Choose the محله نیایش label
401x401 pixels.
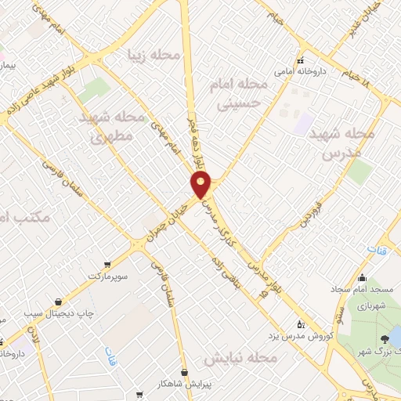tap(240, 358)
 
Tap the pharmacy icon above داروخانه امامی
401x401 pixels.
tap(299, 60)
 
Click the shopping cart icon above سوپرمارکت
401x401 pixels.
tap(107, 265)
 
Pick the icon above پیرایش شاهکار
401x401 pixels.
tap(183, 373)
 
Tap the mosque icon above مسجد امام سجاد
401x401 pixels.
tap(361, 278)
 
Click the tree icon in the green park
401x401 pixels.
tap(385, 339)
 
